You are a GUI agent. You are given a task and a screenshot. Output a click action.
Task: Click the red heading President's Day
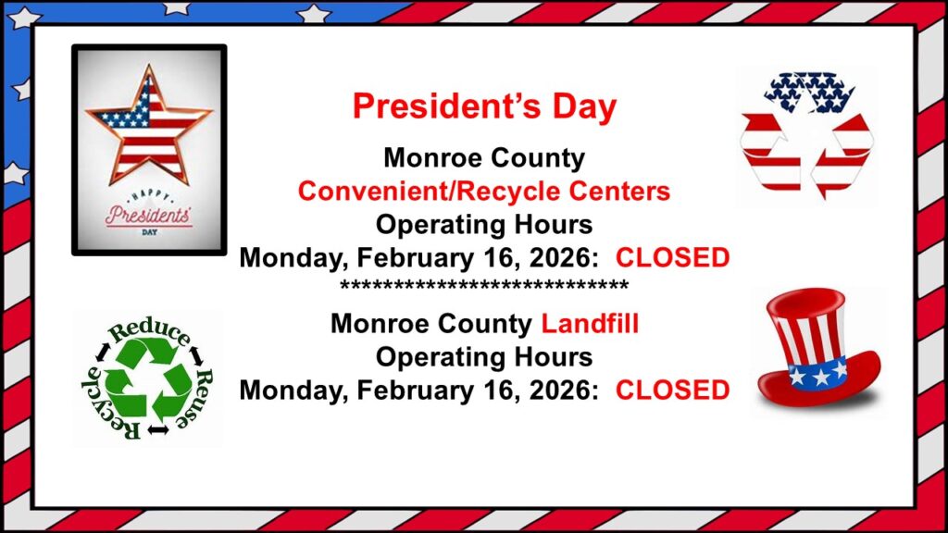tap(484, 106)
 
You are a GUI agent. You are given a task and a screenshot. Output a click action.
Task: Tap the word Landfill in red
tap(590, 324)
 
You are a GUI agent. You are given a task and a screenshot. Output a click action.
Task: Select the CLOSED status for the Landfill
tap(672, 390)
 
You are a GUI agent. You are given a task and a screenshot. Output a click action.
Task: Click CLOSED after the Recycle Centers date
tap(672, 258)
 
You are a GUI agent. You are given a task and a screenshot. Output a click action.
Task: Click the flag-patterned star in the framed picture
tap(148, 126)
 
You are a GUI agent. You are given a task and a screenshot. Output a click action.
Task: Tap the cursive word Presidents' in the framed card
tap(149, 216)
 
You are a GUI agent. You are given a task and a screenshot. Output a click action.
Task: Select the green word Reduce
tap(149, 331)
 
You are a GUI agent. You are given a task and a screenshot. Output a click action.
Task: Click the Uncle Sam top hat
tap(818, 349)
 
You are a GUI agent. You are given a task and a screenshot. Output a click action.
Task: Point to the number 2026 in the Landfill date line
tap(559, 390)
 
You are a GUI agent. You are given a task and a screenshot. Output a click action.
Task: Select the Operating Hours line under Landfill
tap(484, 357)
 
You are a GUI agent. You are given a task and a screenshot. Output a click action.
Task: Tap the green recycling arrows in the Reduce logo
tap(149, 379)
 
